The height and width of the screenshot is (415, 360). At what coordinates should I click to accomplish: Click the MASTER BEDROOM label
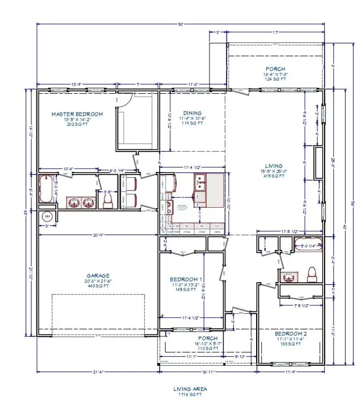[x=77, y=114]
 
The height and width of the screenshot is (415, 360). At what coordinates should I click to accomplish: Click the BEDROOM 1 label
[x=185, y=279]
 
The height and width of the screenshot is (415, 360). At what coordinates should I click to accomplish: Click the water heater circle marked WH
[x=47, y=216]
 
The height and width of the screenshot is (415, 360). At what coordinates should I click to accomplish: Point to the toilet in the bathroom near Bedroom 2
[x=309, y=274]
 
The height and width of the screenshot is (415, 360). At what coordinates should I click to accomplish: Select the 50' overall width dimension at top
[x=181, y=24]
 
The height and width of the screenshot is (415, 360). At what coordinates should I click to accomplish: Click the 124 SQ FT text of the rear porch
[x=276, y=79]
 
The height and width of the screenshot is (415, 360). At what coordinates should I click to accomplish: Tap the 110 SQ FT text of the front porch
[x=207, y=349]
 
